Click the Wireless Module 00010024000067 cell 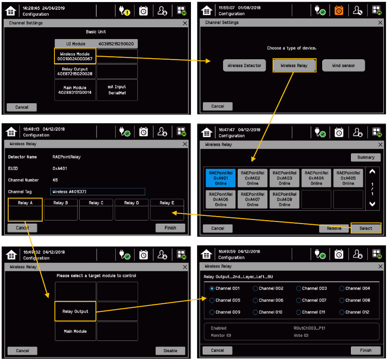coord(75,56)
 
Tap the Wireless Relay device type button coord(294,65)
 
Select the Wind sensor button coord(343,65)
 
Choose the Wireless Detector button coord(245,65)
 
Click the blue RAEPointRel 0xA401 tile coord(221,178)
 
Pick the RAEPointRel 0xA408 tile coord(284,199)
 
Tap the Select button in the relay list coord(366,228)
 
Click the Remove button coord(334,228)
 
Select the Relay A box coord(25,209)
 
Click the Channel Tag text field coord(98,192)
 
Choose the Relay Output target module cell coord(75,311)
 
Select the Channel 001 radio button coord(212,288)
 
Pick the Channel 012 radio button coord(342,312)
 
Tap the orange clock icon coord(339,11)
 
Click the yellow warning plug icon coord(124,11)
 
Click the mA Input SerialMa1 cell coord(117,90)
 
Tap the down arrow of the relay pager coord(372,204)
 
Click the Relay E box coord(167,209)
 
